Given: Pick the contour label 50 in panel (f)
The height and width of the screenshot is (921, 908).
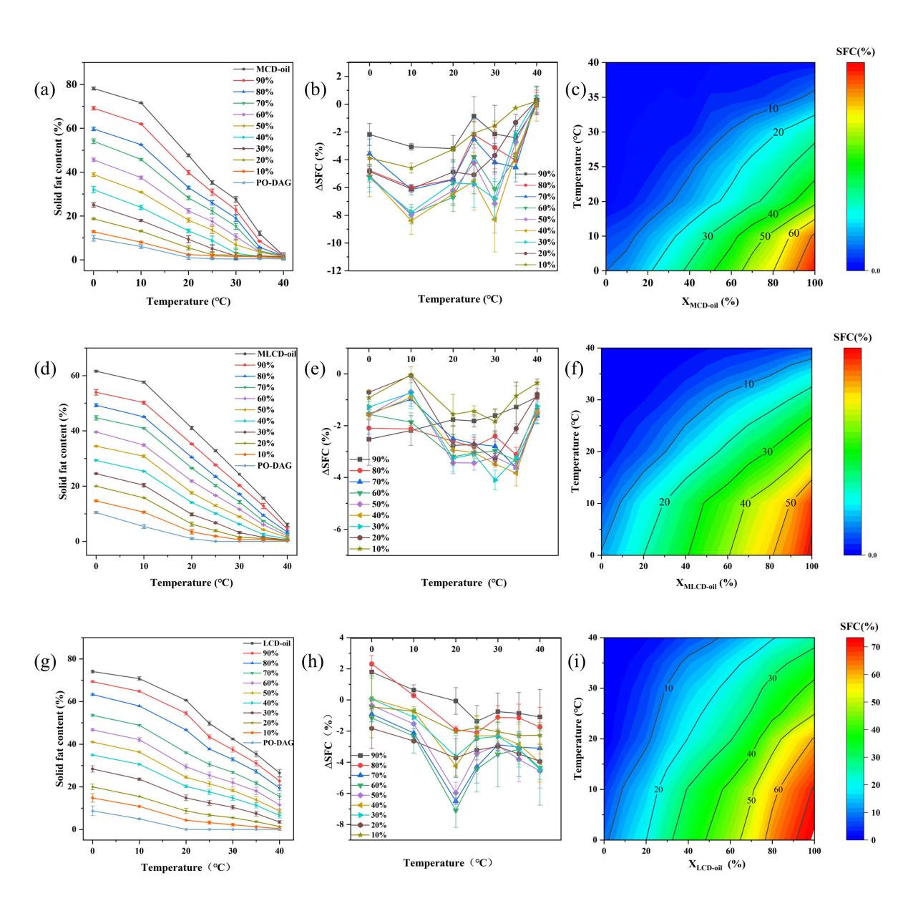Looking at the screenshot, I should (x=790, y=503).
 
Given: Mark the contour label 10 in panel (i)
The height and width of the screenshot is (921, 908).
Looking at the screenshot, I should (x=668, y=688).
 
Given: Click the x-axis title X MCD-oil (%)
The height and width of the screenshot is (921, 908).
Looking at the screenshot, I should (x=708, y=301).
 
